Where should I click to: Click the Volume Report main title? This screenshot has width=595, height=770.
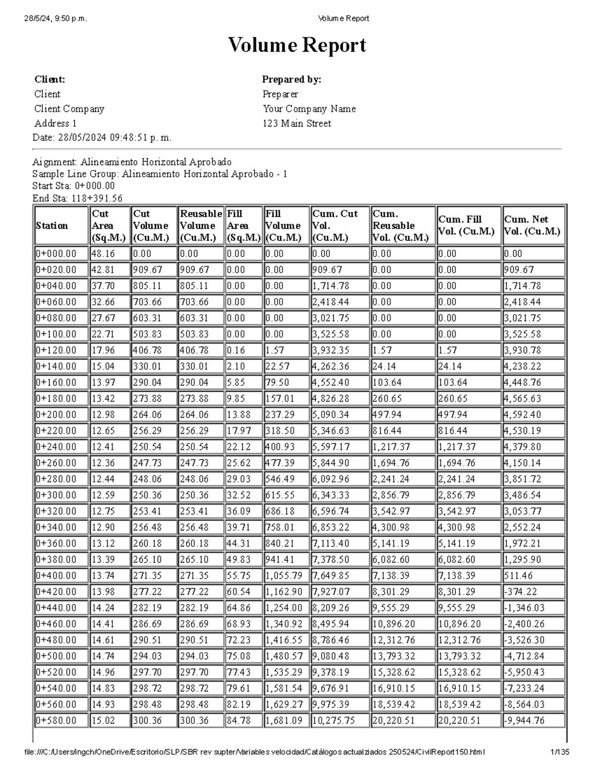click(x=297, y=45)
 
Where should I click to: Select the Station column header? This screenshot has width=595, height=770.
click(x=52, y=226)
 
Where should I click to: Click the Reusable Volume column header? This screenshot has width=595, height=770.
click(x=200, y=226)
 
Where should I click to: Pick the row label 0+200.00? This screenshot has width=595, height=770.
click(x=56, y=415)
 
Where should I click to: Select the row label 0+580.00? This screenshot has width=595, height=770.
click(x=56, y=720)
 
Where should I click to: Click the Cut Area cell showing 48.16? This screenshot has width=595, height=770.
click(x=103, y=254)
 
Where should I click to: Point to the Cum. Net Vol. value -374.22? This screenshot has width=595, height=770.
click(x=521, y=592)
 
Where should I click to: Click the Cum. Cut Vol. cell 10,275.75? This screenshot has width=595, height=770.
click(x=334, y=720)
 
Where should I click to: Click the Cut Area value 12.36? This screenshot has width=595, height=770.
click(x=103, y=463)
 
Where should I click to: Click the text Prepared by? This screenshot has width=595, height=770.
click(x=292, y=79)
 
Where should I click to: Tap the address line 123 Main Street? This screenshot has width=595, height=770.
click(x=297, y=123)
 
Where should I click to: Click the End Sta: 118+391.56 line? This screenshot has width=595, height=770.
click(x=77, y=198)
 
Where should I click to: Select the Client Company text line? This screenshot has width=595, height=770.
click(x=69, y=109)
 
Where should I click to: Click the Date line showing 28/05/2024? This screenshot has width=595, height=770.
click(x=102, y=138)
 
